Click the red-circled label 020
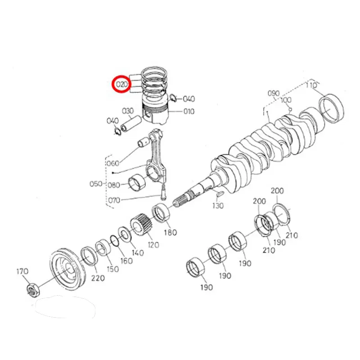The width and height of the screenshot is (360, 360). tap(121, 84)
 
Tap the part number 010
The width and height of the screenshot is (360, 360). tap(189, 111)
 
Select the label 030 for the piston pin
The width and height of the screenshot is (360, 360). tap(128, 111)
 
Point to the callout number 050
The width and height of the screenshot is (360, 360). tap(96, 184)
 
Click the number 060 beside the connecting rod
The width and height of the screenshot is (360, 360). tap(114, 163)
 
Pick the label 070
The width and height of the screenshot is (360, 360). tap(114, 200)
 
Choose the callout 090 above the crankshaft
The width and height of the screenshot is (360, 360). tap(274, 93)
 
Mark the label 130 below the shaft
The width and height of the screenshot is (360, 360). tap(218, 205)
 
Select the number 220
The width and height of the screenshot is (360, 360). tap(98, 278)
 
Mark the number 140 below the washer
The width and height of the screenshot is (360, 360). tap(138, 253)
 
